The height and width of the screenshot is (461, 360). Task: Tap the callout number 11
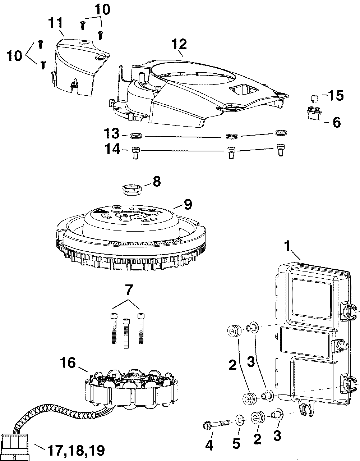(56, 23)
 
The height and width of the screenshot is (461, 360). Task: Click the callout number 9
(188, 204)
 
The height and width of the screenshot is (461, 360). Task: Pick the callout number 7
(128, 290)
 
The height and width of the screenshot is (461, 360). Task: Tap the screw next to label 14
(135, 152)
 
